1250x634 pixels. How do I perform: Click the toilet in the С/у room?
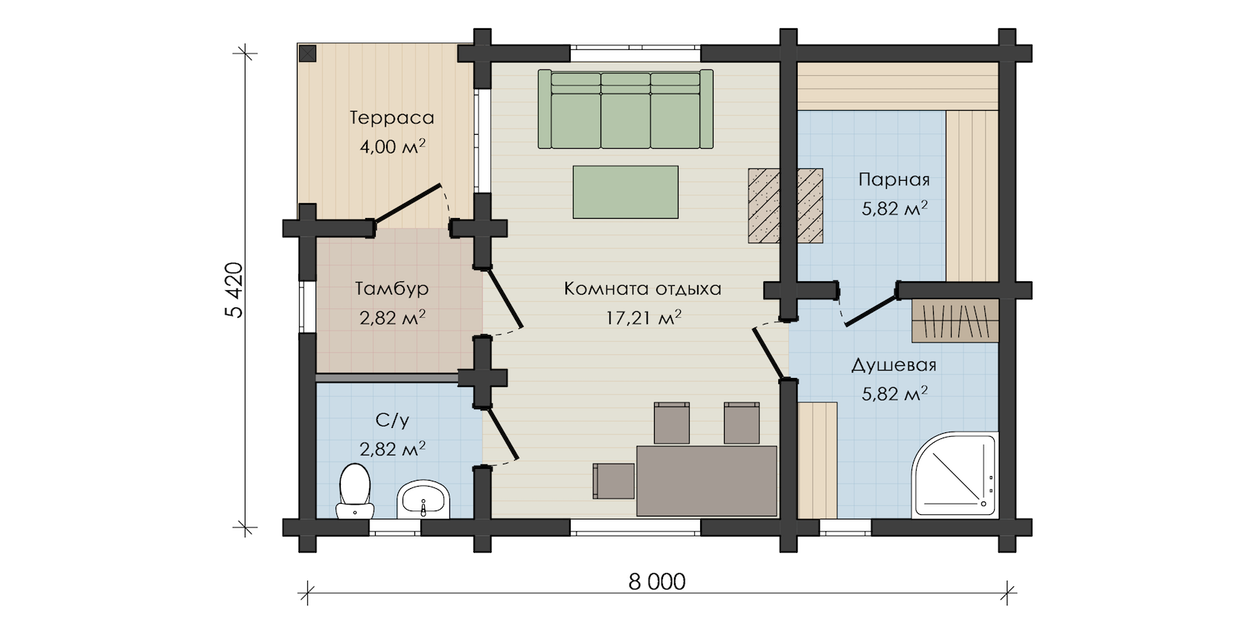(x=355, y=491)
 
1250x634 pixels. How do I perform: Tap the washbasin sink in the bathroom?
(x=423, y=499)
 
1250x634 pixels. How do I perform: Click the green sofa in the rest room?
(x=626, y=109)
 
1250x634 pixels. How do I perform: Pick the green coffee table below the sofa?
(x=626, y=192)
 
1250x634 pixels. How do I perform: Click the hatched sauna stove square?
(x=785, y=206)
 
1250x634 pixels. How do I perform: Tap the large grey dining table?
(x=707, y=481)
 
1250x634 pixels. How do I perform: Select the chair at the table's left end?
(x=613, y=481)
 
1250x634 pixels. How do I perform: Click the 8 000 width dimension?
(x=657, y=582)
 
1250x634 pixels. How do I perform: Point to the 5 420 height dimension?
(x=235, y=290)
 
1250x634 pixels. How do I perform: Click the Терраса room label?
(x=391, y=118)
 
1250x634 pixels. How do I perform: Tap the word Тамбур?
(x=391, y=289)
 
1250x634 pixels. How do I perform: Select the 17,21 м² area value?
(x=644, y=318)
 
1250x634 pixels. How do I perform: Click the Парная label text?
(x=894, y=180)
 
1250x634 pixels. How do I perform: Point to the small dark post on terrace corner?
(x=307, y=54)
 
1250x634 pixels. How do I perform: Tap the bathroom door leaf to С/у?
(x=503, y=435)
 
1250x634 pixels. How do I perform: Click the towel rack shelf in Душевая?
(x=955, y=321)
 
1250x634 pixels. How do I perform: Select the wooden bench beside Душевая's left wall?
(x=818, y=461)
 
